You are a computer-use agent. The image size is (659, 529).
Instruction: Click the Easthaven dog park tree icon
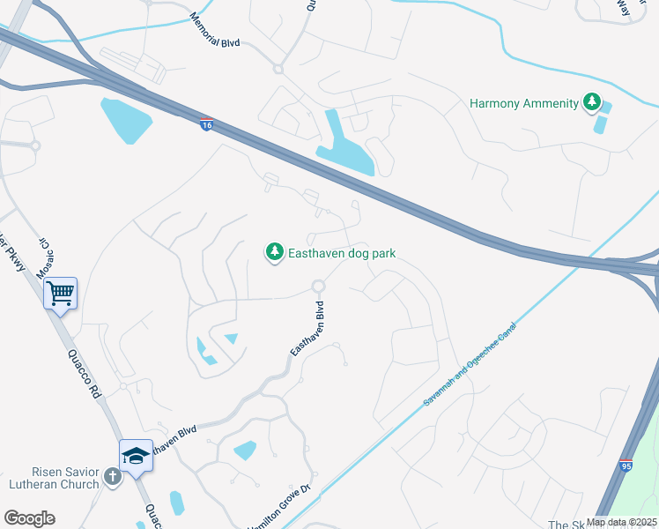(275, 253)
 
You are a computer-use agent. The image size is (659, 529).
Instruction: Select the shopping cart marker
(60, 292)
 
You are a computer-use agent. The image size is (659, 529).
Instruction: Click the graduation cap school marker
(136, 454)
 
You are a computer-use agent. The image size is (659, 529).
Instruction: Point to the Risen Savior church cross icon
(112, 477)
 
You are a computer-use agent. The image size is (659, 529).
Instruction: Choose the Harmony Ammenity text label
(524, 103)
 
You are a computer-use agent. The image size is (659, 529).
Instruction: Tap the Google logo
(29, 518)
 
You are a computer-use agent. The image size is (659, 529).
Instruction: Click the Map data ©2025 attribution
(621, 523)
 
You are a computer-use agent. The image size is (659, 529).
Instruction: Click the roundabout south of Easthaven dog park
(319, 286)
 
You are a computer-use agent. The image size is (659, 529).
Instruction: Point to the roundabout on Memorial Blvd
(278, 69)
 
